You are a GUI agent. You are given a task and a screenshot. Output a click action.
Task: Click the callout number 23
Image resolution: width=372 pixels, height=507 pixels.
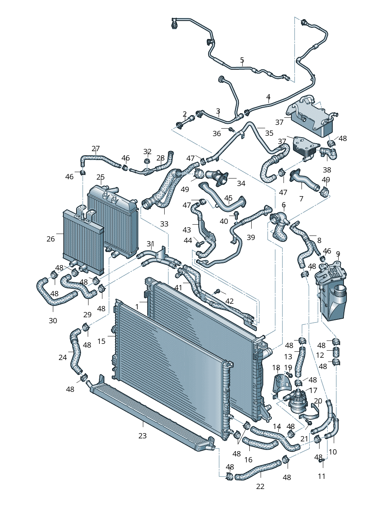pyautogui.click(x=142, y=436)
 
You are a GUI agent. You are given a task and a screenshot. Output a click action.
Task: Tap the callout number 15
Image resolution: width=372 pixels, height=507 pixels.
pyautogui.click(x=101, y=341)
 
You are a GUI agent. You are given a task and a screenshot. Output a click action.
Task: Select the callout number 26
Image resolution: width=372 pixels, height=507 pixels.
pyautogui.click(x=51, y=239)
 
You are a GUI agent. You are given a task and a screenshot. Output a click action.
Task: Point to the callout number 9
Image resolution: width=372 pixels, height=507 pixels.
pyautogui.click(x=338, y=254)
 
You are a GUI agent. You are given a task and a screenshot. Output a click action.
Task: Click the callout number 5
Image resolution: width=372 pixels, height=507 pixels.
pyautogui.click(x=242, y=60)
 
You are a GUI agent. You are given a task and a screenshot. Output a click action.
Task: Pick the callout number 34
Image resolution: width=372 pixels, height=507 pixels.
pyautogui.click(x=241, y=183)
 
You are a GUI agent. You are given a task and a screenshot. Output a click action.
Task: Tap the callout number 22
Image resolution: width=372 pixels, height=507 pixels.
pyautogui.click(x=260, y=486)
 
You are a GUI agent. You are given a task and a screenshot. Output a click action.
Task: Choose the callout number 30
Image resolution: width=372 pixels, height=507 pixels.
pyautogui.click(x=53, y=321)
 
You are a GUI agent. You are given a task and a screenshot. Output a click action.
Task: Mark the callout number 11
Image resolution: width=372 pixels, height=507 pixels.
pyautogui.click(x=321, y=476)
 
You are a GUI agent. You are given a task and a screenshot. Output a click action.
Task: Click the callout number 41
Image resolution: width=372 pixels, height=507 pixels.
pyautogui.click(x=178, y=288)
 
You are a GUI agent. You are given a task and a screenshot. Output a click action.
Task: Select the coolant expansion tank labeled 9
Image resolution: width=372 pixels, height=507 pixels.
pyautogui.click(x=332, y=292)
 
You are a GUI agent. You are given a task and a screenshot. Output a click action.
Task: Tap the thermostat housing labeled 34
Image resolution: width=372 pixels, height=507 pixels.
pyautogui.click(x=217, y=176)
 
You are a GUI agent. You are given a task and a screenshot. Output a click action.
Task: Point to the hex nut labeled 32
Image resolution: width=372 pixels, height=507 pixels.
pyautogui.click(x=147, y=162)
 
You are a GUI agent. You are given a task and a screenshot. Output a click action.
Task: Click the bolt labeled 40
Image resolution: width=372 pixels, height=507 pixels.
pyautogui.click(x=236, y=215)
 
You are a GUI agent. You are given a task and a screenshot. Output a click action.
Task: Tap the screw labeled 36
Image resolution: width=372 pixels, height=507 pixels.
pyautogui.click(x=231, y=130)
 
